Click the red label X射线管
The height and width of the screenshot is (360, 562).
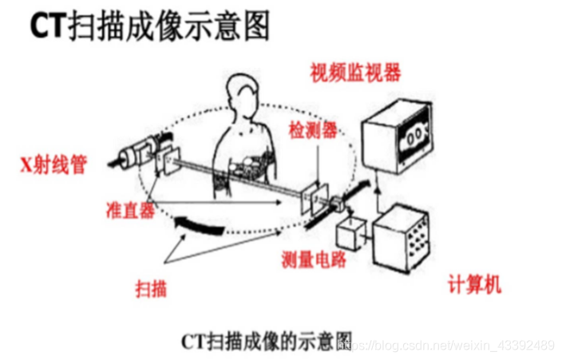pyautogui.click(x=53, y=165)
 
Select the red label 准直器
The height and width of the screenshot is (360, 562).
pyautogui.click(x=130, y=210)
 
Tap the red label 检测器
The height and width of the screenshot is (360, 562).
pyautogui.click(x=313, y=130)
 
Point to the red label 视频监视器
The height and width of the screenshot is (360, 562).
pyautogui.click(x=355, y=73)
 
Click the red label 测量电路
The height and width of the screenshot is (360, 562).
pyautogui.click(x=314, y=259)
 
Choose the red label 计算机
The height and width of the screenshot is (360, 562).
pyautogui.click(x=474, y=285)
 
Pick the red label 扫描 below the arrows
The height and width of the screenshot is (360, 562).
pyautogui.click(x=151, y=288)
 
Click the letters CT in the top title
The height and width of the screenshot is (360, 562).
pyautogui.click(x=48, y=26)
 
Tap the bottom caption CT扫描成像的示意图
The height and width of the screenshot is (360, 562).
pyautogui.click(x=267, y=341)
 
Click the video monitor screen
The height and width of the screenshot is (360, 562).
pyautogui.click(x=414, y=136)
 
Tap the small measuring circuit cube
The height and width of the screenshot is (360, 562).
pyautogui.click(x=350, y=233)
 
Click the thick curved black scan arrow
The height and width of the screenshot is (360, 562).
pyautogui.click(x=200, y=226)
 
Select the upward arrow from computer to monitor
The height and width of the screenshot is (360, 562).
pyautogui.click(x=377, y=194)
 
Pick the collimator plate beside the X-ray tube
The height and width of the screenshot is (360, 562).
pyautogui.click(x=168, y=160)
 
